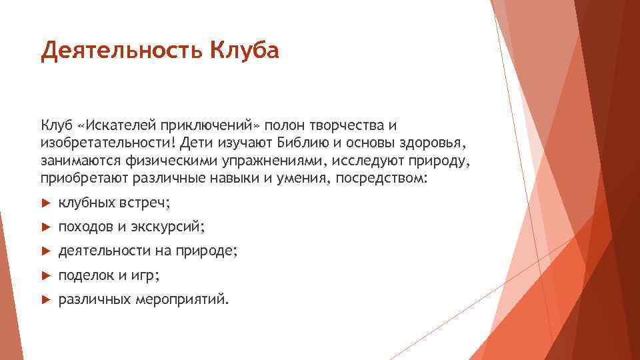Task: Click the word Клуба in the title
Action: coord(244,51)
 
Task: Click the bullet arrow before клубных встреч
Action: coord(45,202)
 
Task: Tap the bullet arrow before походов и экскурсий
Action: coord(45,227)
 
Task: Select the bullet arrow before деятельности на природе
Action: coord(45,251)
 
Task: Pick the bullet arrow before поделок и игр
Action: coord(45,275)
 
